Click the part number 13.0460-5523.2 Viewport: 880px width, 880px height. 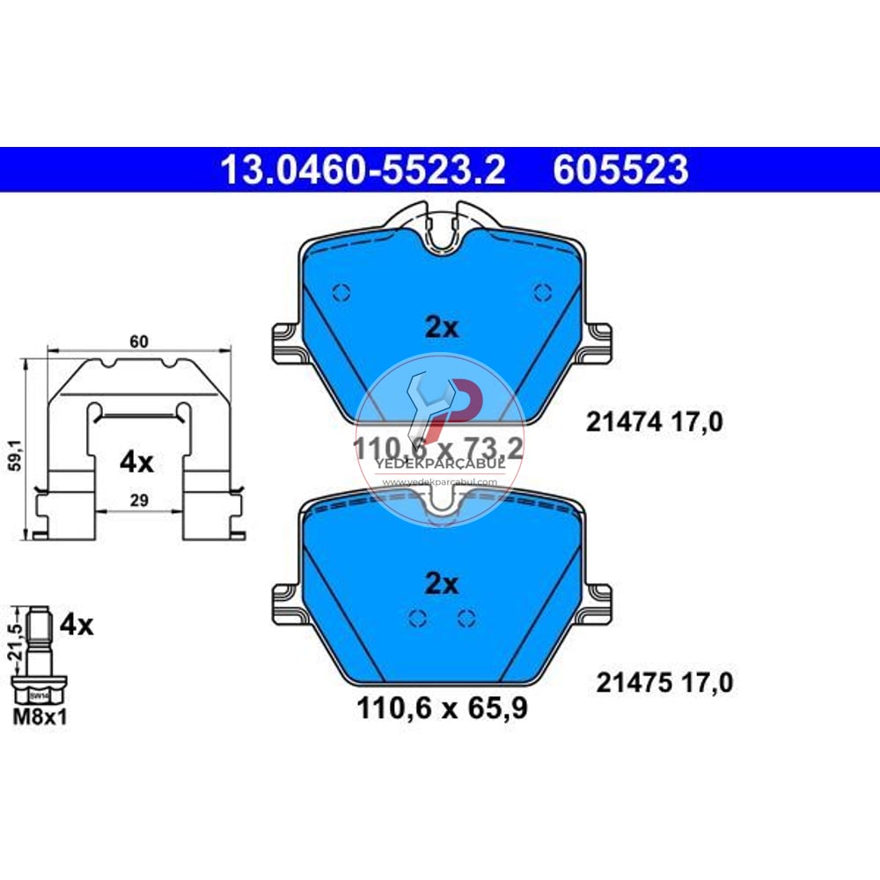(363, 170)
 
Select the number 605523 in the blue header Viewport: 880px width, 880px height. (620, 170)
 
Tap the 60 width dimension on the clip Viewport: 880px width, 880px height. (136, 341)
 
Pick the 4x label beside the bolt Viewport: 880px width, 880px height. (76, 626)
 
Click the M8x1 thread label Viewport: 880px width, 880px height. (40, 716)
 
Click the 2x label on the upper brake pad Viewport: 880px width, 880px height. (442, 328)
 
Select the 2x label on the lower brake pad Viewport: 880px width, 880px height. (442, 583)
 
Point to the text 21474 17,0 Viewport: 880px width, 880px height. (655, 423)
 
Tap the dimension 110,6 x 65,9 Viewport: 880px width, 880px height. (443, 708)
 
